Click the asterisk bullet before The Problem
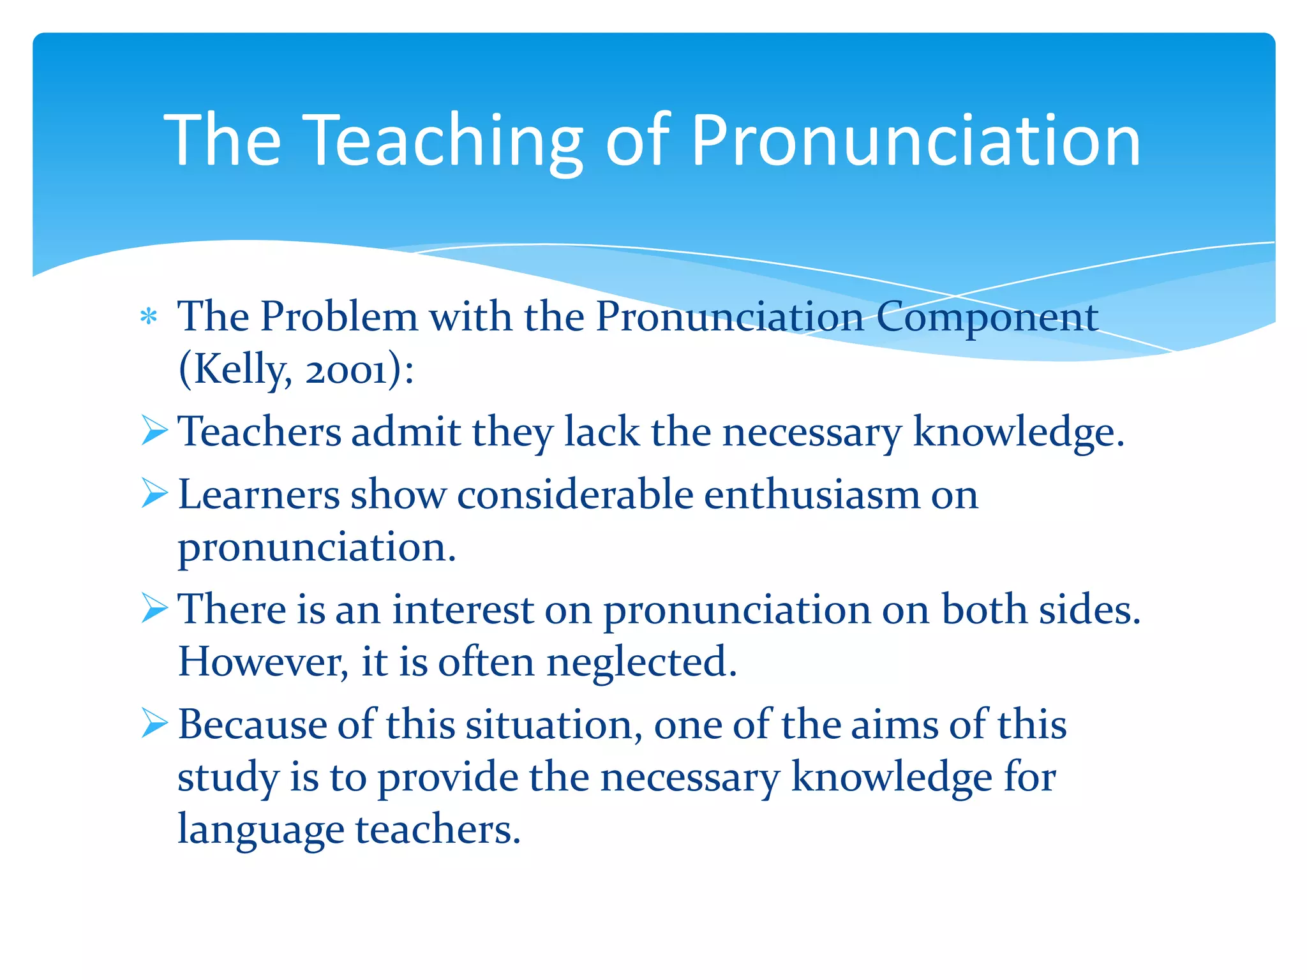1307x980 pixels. [149, 316]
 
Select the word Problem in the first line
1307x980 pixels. [338, 316]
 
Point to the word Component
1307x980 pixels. [987, 318]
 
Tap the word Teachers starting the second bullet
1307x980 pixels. [259, 431]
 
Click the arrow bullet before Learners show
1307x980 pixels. [154, 493]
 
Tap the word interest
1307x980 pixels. [462, 609]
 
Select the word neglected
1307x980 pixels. [641, 662]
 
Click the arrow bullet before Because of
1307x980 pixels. [154, 723]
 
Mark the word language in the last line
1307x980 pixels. [260, 830]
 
